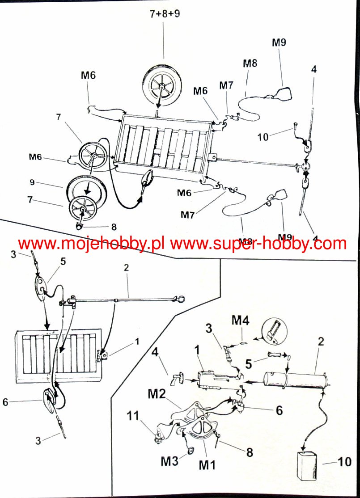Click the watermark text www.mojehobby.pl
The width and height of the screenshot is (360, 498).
pyautogui.click(x=92, y=244)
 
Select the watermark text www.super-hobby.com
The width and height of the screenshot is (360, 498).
pyautogui.click(x=258, y=244)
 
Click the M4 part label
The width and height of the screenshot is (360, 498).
pyautogui.click(x=241, y=320)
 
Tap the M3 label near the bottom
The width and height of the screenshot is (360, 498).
pyautogui.click(x=169, y=461)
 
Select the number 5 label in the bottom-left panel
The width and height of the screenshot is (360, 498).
pyautogui.click(x=62, y=261)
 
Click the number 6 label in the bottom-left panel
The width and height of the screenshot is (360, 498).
pyautogui.click(x=5, y=402)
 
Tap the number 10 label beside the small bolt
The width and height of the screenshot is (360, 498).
pyautogui.click(x=263, y=137)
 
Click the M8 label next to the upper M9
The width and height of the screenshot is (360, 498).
pyautogui.click(x=250, y=63)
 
